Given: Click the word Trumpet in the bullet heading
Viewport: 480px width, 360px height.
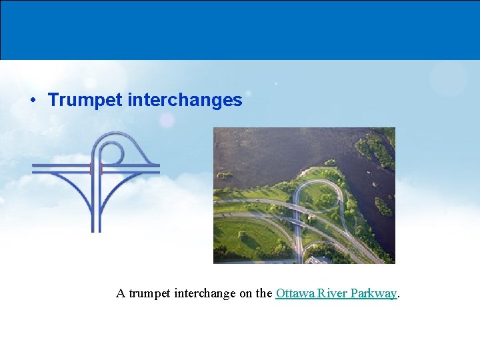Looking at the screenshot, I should (85, 100).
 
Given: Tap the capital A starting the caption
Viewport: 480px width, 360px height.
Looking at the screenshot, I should (121, 293).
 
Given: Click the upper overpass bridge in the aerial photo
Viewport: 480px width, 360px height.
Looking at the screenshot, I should (299, 207).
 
